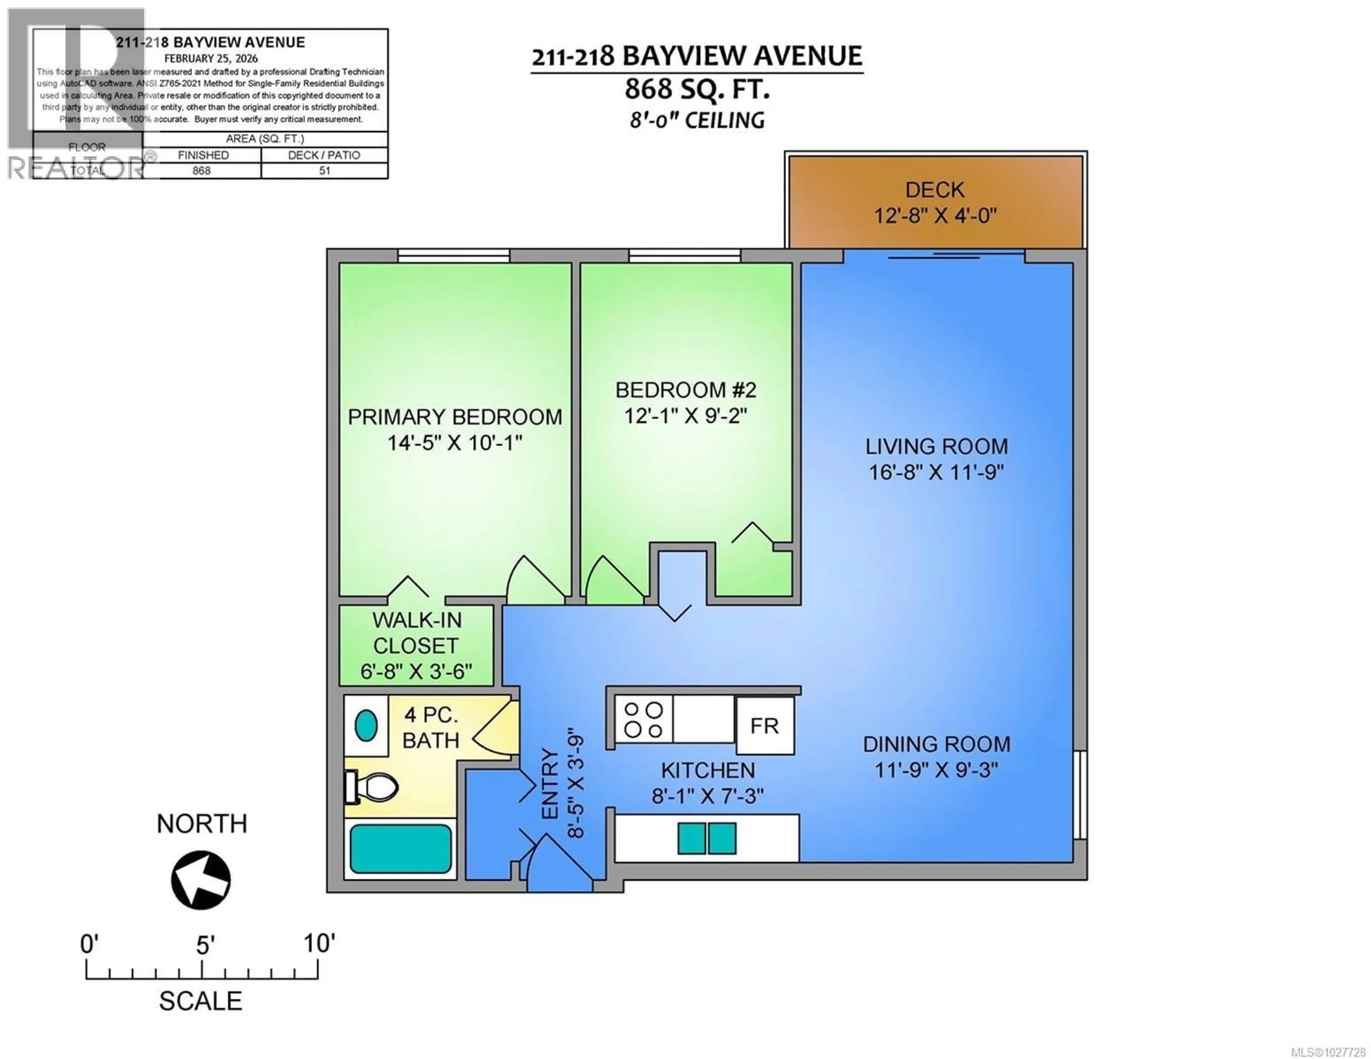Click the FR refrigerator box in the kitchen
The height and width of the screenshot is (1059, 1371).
click(765, 726)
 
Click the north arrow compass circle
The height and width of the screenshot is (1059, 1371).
click(201, 880)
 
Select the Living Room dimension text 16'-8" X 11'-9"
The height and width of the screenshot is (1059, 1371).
click(936, 472)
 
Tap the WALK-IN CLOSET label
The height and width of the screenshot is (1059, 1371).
click(416, 633)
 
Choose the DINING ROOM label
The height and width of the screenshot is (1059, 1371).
click(936, 745)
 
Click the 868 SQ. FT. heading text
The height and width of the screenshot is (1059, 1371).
click(697, 89)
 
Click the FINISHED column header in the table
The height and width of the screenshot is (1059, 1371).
click(203, 155)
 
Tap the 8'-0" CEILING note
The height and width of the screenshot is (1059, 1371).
click(697, 120)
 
